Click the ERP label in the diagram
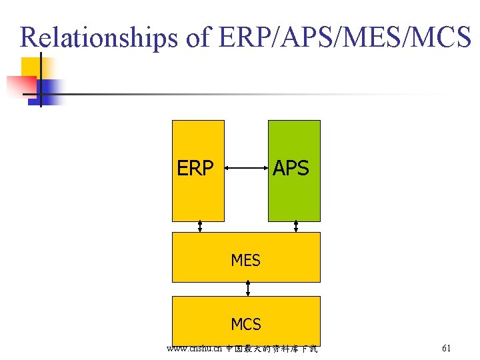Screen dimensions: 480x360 [x=195, y=169]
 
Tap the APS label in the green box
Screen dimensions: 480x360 [x=291, y=169]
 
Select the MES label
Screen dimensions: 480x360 [x=245, y=261]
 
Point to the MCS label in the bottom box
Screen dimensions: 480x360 [x=245, y=325]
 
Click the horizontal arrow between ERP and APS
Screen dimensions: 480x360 [x=246, y=169]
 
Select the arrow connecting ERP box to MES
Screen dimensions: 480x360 [x=199, y=227]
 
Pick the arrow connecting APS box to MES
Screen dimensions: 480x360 [x=296, y=227]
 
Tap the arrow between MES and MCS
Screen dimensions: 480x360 [x=247, y=289]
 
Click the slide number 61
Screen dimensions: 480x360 [x=446, y=348]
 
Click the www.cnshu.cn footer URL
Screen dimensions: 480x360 [x=194, y=348]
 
